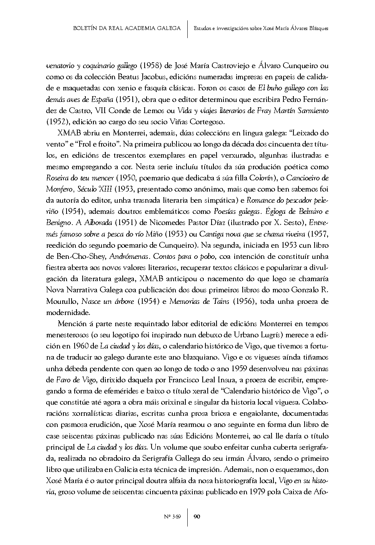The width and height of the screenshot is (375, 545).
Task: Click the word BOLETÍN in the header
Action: point(86,28)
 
